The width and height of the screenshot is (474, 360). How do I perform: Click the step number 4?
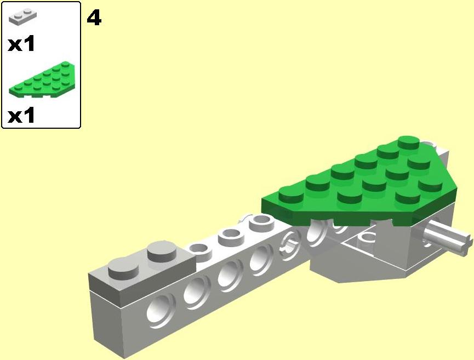[94, 18]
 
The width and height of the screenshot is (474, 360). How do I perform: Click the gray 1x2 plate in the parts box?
[22, 16]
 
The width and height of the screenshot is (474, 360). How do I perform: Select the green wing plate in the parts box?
[42, 79]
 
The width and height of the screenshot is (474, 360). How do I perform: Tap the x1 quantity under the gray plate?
[21, 44]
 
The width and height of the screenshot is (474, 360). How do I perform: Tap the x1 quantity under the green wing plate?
[21, 116]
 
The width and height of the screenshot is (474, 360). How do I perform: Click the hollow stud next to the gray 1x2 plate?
[199, 252]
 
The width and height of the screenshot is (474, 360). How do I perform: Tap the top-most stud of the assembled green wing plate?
[408, 142]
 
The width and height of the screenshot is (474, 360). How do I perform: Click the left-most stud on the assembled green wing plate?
[291, 195]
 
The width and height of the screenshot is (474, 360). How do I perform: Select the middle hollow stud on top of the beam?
[232, 237]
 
